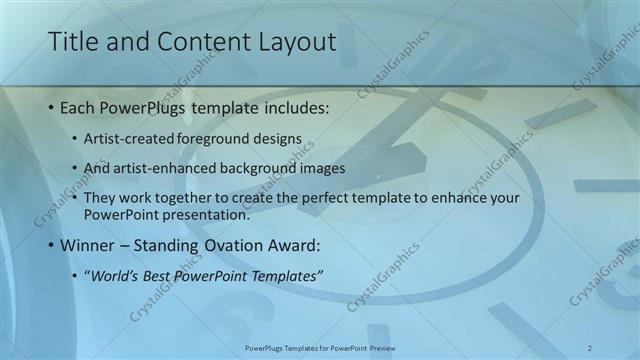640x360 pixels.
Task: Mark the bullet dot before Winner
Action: pos(50,245)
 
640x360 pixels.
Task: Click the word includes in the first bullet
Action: pos(294,107)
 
